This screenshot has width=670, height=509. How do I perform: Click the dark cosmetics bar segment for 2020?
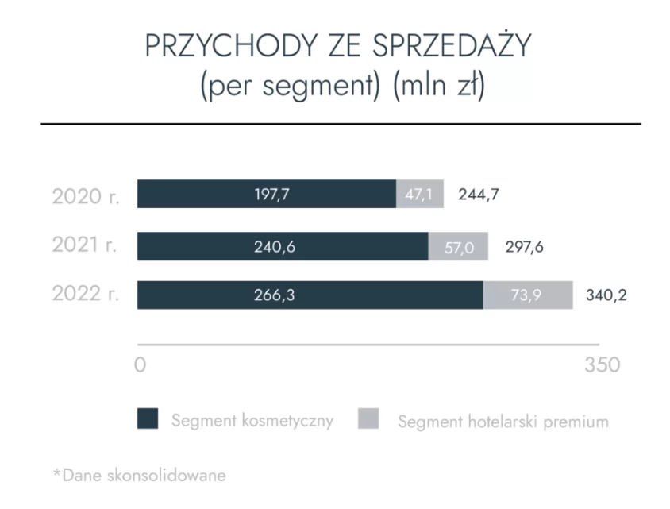click(x=266, y=194)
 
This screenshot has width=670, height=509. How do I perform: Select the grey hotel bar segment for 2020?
click(x=419, y=194)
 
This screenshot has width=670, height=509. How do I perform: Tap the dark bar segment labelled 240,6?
click(x=282, y=246)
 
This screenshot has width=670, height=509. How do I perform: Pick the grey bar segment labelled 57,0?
click(x=458, y=247)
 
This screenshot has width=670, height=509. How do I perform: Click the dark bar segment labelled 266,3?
click(x=310, y=295)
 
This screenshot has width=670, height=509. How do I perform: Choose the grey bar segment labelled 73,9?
click(x=527, y=295)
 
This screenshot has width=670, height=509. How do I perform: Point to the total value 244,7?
click(x=479, y=194)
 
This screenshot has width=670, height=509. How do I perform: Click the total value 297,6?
click(x=524, y=246)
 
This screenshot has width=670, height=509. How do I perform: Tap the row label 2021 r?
click(x=85, y=245)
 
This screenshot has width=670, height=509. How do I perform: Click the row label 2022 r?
click(x=86, y=294)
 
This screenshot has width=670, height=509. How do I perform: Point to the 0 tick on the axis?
click(x=141, y=366)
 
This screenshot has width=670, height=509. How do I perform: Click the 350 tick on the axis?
click(x=602, y=366)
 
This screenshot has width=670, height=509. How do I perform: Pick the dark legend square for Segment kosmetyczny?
click(x=148, y=419)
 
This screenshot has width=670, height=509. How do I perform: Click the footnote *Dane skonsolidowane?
click(x=139, y=475)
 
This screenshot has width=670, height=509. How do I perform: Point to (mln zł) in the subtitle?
click(x=439, y=84)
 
